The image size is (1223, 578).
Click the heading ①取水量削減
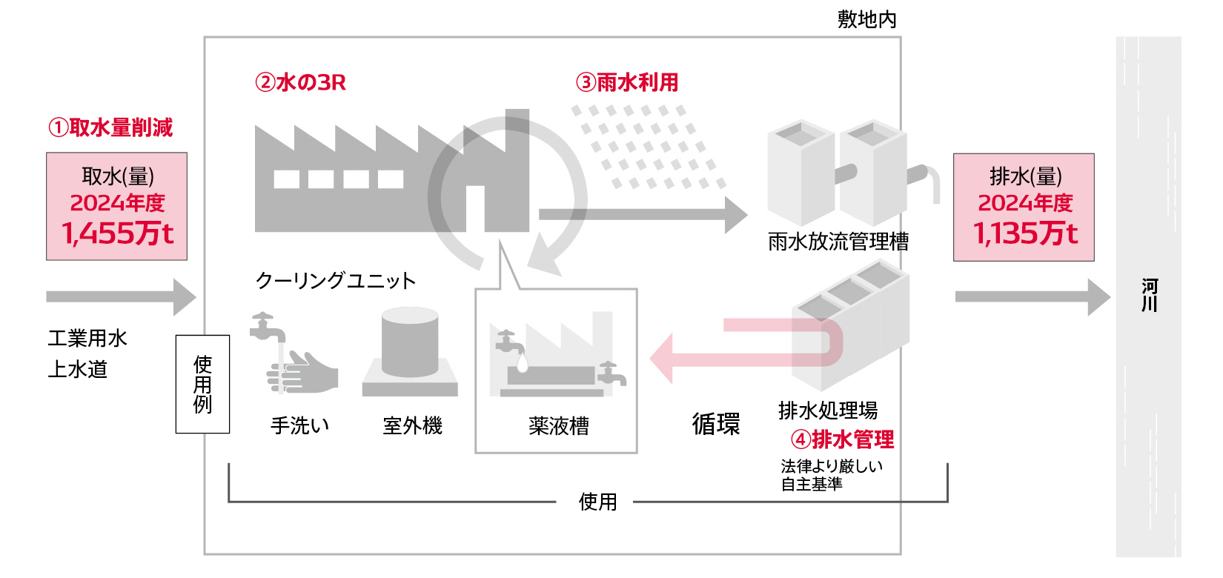point(110,127)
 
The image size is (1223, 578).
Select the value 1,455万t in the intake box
point(118,233)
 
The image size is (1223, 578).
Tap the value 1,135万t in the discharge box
point(1025,233)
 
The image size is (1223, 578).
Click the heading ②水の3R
point(300,82)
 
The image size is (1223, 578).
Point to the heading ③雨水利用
point(627,82)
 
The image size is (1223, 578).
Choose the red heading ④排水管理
point(843,439)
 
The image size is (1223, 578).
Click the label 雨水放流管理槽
point(838,242)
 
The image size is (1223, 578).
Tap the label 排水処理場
point(828,410)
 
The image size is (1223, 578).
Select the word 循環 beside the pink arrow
point(716,424)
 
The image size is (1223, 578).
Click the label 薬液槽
point(559,425)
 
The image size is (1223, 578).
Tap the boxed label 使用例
point(202,384)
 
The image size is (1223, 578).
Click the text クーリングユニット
point(336,280)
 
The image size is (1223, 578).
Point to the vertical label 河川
point(1150,295)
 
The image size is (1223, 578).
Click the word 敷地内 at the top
point(867,19)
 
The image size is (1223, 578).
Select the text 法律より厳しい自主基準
point(831,475)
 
